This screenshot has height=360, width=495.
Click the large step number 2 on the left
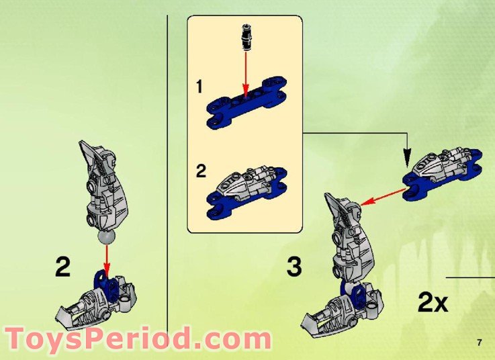pos(62,267)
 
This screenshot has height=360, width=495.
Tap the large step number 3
pos(294,267)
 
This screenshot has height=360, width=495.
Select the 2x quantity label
pos(433,303)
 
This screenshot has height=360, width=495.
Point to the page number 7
pos(480,343)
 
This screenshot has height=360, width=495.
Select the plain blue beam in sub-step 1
pos(246,107)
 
